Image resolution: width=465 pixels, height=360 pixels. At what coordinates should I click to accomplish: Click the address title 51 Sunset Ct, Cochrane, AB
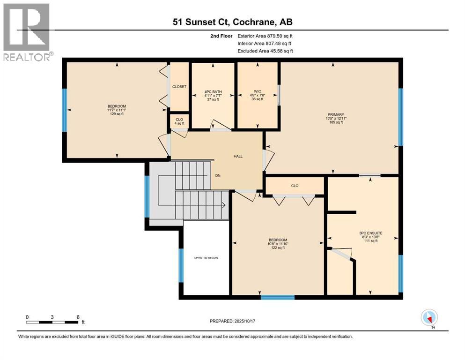[232, 22]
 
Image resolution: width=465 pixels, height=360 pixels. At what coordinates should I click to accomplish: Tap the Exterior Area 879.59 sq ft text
[266, 36]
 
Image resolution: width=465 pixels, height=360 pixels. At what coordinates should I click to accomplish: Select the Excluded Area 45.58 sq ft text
[266, 51]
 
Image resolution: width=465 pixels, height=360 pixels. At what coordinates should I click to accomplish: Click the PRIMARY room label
[336, 114]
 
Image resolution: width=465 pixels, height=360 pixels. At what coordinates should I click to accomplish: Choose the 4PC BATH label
[213, 91]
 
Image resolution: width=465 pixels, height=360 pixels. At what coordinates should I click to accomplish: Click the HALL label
[238, 156]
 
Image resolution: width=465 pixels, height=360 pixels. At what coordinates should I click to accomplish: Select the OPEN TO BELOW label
[206, 258]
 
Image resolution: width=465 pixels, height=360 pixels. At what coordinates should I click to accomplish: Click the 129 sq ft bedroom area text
[117, 114]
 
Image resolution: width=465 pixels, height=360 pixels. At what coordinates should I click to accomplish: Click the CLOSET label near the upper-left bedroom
[179, 87]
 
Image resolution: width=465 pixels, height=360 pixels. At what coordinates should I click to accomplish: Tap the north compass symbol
[429, 318]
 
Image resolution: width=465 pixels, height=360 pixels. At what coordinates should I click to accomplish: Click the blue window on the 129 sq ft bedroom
[65, 110]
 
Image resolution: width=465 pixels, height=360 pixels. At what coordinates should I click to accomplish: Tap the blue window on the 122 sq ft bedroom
[277, 297]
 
